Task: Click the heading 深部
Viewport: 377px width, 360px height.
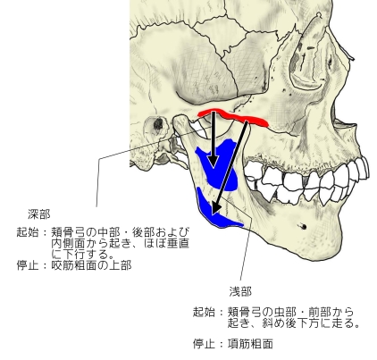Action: [x=39, y=213]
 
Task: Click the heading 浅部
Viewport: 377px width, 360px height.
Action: [x=240, y=291]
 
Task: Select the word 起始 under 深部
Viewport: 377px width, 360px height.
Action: [x=28, y=232]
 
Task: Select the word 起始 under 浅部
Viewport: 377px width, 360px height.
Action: [x=204, y=312]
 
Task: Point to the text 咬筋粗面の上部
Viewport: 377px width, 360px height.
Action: [x=91, y=264]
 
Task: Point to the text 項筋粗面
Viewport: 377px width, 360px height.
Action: [x=250, y=344]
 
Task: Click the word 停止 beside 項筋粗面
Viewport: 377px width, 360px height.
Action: [x=204, y=344]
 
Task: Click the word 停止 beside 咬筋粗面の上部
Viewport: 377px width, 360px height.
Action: [x=28, y=264]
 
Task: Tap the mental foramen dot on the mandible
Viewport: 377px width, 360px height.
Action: [x=303, y=226]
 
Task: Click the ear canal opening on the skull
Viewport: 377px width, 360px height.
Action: [x=158, y=123]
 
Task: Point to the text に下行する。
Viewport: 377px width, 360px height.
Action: [x=83, y=254]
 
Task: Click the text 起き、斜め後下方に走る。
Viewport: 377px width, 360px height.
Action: [x=294, y=322]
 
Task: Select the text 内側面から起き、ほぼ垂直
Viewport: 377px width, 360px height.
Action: [x=121, y=243]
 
